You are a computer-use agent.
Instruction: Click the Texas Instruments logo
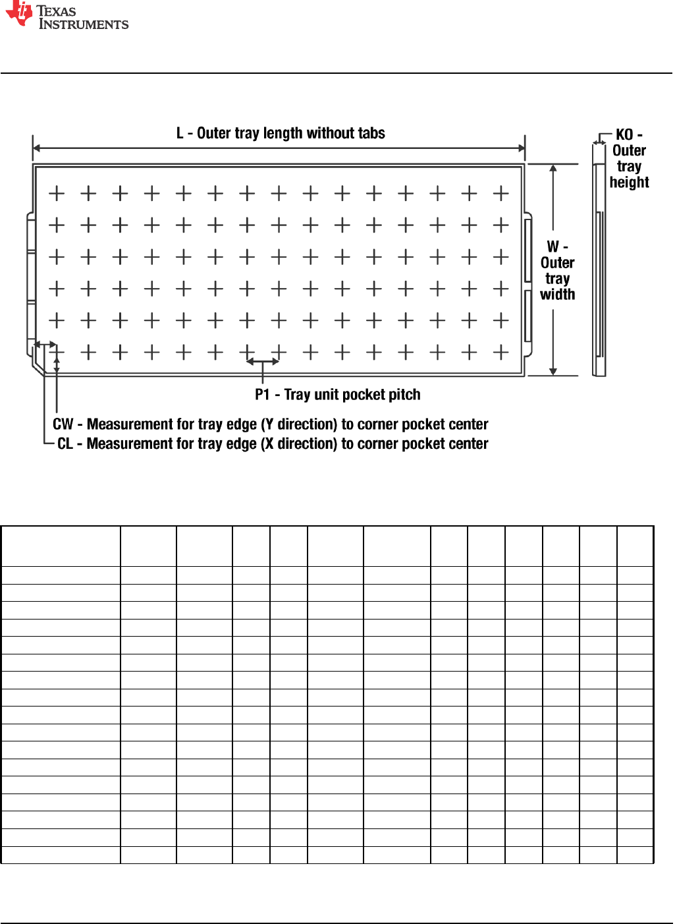point(66,16)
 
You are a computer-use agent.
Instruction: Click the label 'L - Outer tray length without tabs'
point(281,133)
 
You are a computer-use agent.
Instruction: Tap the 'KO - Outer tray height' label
point(629,159)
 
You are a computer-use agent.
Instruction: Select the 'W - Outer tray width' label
point(557,270)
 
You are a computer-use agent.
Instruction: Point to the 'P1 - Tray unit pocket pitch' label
point(337,395)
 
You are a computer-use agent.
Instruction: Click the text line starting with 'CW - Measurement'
point(270,424)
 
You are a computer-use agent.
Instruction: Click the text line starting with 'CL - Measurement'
point(273,444)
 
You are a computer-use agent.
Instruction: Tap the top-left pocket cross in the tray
point(57,193)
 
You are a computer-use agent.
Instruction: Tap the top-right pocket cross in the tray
point(501,193)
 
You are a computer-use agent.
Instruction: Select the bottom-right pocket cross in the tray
point(501,353)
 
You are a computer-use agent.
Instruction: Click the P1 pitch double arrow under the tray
point(263,361)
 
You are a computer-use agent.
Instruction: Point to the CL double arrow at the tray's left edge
point(45,344)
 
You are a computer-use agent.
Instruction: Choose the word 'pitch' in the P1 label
point(404,395)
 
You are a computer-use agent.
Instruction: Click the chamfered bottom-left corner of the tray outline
point(37,367)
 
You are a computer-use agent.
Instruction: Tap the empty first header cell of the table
point(61,546)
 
